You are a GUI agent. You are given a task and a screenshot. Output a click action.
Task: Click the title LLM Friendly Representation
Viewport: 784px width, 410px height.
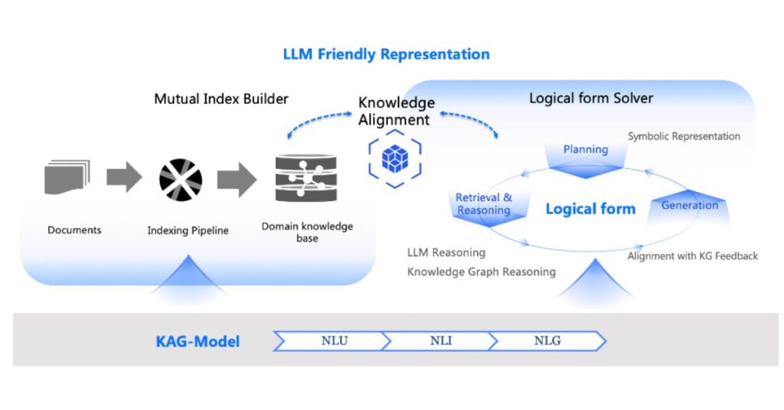pyautogui.click(x=386, y=54)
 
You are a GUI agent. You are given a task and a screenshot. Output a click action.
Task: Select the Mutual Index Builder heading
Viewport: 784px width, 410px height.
pyautogui.click(x=221, y=99)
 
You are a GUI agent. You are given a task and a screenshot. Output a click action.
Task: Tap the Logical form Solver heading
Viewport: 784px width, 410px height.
pyautogui.click(x=591, y=99)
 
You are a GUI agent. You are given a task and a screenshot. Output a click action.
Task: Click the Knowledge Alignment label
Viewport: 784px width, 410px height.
pyautogui.click(x=396, y=111)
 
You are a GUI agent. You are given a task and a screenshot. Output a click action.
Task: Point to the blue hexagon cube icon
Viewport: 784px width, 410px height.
pyautogui.click(x=395, y=158)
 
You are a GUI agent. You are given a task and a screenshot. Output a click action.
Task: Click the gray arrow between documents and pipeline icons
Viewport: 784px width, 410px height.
pyautogui.click(x=123, y=177)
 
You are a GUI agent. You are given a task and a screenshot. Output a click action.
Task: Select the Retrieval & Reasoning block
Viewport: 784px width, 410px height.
pyautogui.click(x=484, y=204)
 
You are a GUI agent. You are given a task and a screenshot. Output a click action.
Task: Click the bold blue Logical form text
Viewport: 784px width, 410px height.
pyautogui.click(x=590, y=209)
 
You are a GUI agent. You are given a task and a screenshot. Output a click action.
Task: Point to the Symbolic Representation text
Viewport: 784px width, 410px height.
pyautogui.click(x=684, y=136)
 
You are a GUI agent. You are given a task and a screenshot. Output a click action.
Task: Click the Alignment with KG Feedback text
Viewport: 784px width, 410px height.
pyautogui.click(x=692, y=255)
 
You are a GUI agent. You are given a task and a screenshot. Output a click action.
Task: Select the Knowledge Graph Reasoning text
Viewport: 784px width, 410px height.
pyautogui.click(x=481, y=272)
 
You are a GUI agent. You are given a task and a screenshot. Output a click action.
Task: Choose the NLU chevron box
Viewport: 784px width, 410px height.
pyautogui.click(x=335, y=341)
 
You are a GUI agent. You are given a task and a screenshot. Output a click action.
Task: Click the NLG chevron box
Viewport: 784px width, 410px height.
pyautogui.click(x=547, y=341)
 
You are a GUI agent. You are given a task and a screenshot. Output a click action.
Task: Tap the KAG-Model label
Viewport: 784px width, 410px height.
pyautogui.click(x=198, y=342)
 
